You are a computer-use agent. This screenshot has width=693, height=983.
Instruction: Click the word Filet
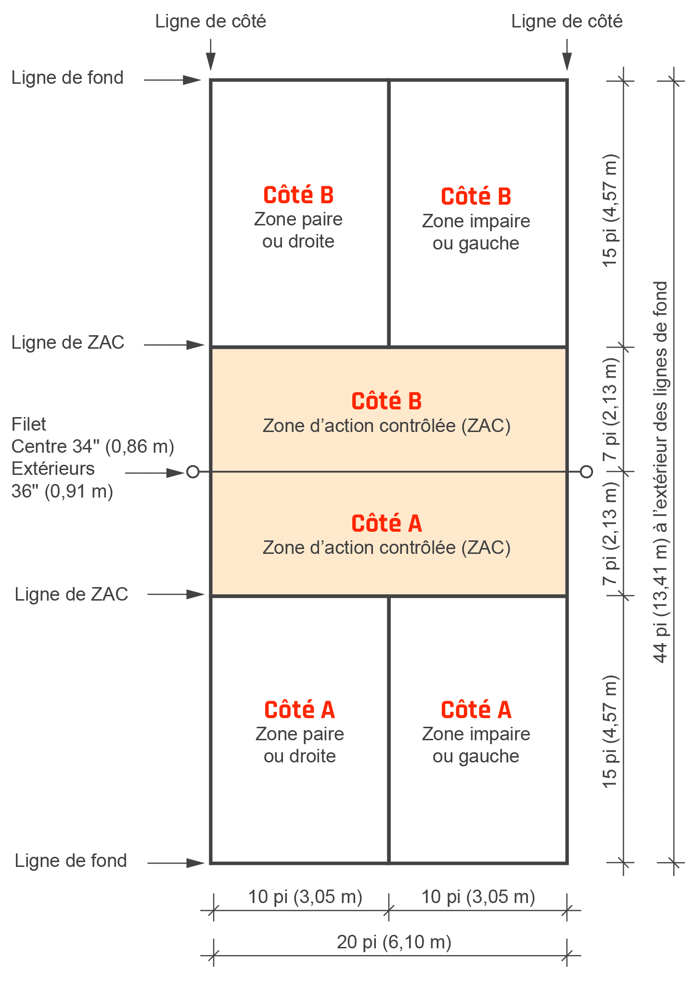(x=28, y=424)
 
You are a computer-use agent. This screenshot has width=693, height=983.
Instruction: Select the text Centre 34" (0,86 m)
(x=92, y=446)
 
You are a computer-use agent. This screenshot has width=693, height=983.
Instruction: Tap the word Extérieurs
(x=53, y=469)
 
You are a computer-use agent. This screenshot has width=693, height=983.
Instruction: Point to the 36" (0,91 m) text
(x=62, y=491)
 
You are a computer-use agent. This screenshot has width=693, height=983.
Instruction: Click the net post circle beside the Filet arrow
(x=193, y=472)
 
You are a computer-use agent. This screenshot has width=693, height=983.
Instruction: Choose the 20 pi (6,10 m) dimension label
(x=394, y=942)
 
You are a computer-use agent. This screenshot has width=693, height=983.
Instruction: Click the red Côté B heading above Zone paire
(x=298, y=195)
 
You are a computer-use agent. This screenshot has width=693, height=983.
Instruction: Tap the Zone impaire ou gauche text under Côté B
(x=476, y=232)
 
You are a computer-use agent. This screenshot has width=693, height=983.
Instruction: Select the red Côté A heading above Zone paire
(x=299, y=710)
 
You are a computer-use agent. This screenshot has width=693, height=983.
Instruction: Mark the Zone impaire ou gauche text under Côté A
(x=476, y=745)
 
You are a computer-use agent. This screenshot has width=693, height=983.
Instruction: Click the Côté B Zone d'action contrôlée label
(x=386, y=413)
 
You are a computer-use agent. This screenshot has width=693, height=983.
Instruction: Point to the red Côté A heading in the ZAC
(x=386, y=524)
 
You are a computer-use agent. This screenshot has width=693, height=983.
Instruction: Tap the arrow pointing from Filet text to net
(x=155, y=473)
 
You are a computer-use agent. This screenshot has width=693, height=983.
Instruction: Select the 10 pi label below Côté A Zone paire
(x=305, y=897)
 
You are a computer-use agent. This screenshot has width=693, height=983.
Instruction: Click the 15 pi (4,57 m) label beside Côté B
(x=609, y=210)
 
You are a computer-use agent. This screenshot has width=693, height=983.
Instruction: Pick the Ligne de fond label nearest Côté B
(x=67, y=78)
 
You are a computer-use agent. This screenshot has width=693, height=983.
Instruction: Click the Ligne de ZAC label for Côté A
(x=71, y=594)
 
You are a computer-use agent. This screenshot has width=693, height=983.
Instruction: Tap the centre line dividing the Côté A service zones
(x=389, y=730)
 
